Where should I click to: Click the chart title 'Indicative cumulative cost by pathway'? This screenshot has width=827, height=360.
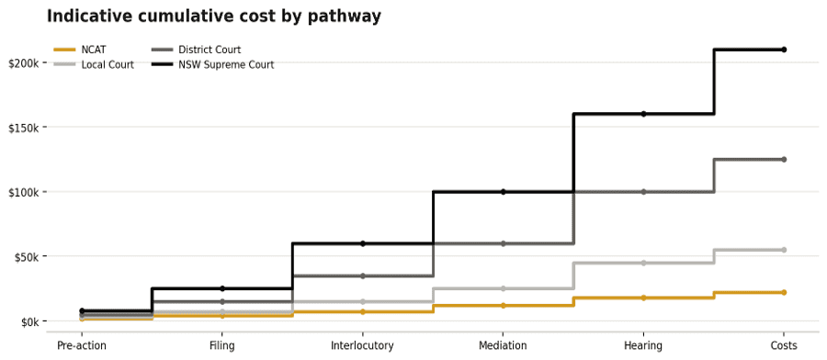click(x=213, y=17)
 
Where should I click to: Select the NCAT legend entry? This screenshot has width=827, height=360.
click(x=80, y=51)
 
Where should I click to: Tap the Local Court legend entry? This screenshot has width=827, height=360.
click(x=94, y=65)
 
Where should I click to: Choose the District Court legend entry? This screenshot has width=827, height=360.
click(x=197, y=51)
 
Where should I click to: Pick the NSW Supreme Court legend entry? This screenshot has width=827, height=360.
click(x=212, y=65)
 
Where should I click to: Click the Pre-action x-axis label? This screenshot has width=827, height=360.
click(x=82, y=346)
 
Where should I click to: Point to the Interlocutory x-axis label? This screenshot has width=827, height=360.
click(x=362, y=346)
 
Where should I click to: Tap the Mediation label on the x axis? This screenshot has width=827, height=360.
click(x=503, y=346)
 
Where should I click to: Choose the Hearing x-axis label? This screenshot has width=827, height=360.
click(x=643, y=346)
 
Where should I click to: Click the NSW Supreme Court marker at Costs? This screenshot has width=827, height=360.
click(x=784, y=50)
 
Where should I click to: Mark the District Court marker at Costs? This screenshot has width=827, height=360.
click(x=784, y=159)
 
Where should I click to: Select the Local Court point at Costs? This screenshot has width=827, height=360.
click(x=784, y=250)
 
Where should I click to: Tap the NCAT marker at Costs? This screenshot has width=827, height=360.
click(x=784, y=292)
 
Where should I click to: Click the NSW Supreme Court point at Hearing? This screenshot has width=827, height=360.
click(x=643, y=114)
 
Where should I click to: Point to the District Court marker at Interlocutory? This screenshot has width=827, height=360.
click(x=363, y=276)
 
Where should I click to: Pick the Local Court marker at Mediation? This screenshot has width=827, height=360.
click(x=504, y=288)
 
